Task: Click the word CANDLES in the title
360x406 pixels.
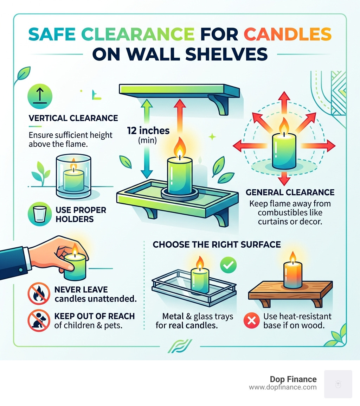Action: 288,35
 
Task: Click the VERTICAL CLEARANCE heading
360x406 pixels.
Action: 73,118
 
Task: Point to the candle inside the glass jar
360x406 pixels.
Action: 73,176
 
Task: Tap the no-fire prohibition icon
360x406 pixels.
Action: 39,294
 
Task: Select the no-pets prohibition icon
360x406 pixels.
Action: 39,321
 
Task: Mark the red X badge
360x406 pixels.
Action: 251,321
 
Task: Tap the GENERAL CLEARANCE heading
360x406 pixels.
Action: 290,192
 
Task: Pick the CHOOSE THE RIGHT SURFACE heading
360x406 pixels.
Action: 217,245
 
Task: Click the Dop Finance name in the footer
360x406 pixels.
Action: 293,379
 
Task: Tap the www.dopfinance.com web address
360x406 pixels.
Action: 283,387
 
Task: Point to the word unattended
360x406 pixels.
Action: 111,299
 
